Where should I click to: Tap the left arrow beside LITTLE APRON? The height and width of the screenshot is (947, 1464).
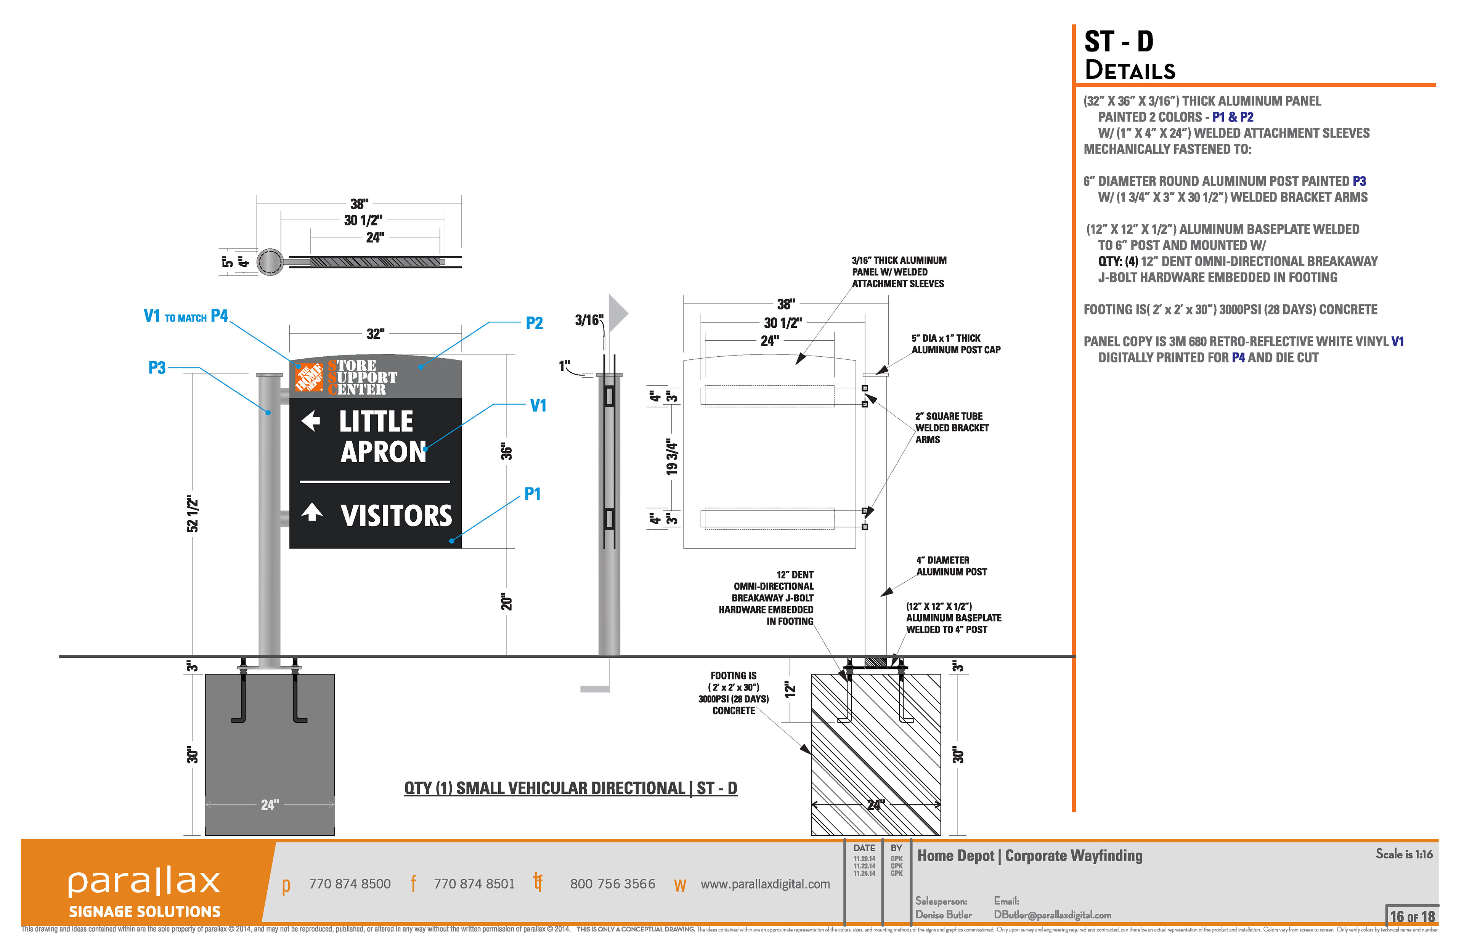click(x=311, y=421)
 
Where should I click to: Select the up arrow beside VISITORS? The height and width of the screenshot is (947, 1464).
click(x=312, y=512)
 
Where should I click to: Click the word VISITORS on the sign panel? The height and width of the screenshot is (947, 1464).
click(x=396, y=515)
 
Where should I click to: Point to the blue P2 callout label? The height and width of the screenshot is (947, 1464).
click(x=534, y=324)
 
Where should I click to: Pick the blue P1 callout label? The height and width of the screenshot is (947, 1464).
click(x=532, y=494)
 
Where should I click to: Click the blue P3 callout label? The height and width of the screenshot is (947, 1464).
click(x=157, y=368)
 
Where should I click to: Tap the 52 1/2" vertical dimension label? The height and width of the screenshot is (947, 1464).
click(x=193, y=513)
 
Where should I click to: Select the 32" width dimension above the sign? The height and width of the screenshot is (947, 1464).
click(x=375, y=334)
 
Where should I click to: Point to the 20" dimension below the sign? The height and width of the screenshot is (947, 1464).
click(x=506, y=601)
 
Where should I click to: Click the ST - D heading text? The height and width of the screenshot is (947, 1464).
click(x=1118, y=42)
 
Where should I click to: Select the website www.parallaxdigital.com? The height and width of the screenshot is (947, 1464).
click(x=765, y=884)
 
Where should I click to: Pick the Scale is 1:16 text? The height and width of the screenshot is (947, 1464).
click(x=1404, y=854)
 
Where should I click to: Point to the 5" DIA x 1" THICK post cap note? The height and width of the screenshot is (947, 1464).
click(x=955, y=344)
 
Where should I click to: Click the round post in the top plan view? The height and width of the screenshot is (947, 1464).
click(x=270, y=262)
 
